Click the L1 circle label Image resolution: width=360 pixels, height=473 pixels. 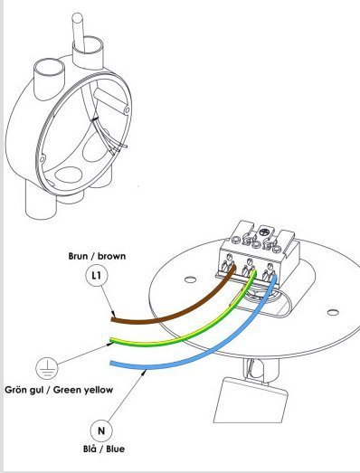[x=96, y=275]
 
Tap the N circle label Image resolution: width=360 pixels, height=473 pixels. [x=101, y=430]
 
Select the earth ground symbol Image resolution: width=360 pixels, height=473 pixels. [x=47, y=368]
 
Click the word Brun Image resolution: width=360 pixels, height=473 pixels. [x=77, y=256]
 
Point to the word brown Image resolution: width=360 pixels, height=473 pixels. [x=111, y=256]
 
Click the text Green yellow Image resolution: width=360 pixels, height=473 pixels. [x=83, y=390]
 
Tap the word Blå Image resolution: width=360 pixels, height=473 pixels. [x=90, y=449]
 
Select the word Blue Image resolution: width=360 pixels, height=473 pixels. [x=115, y=449]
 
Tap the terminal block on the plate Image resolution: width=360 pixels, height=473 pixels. [x=258, y=252]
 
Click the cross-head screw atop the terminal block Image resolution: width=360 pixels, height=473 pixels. [x=263, y=232]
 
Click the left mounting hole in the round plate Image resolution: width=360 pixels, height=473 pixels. [x=190, y=279]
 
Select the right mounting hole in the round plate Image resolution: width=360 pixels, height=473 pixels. [x=333, y=312]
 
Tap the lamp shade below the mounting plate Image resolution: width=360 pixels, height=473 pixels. [x=251, y=400]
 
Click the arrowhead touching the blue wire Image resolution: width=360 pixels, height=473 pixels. [x=144, y=373]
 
